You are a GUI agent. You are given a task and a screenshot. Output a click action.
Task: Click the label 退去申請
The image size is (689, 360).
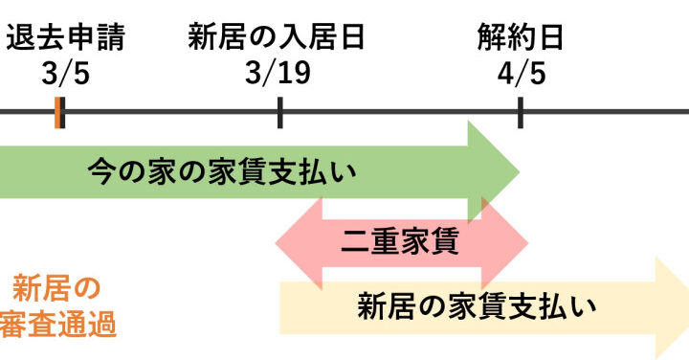click(x=65, y=37)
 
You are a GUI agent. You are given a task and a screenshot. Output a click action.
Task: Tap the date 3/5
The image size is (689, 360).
click(x=65, y=73)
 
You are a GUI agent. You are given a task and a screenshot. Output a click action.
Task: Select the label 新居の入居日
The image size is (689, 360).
click(x=276, y=37)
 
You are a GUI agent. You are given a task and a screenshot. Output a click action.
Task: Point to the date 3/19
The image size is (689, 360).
click(x=278, y=73)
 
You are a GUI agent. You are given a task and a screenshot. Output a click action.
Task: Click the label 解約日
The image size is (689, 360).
click(x=521, y=37)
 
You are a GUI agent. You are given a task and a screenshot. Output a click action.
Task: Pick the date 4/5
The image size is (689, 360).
click(x=522, y=73)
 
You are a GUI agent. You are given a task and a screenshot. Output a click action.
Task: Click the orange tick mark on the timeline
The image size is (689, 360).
click(x=57, y=113)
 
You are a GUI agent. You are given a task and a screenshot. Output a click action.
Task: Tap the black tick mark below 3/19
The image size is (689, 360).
click(x=280, y=113)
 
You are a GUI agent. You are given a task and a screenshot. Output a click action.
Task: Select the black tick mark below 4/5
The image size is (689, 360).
click(x=521, y=113)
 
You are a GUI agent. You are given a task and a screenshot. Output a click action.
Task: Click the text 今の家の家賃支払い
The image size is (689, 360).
click(x=221, y=172)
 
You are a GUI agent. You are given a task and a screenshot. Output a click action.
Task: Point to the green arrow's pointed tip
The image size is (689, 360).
click(x=520, y=172)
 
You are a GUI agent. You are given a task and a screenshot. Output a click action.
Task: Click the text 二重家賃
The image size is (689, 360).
click(x=400, y=241)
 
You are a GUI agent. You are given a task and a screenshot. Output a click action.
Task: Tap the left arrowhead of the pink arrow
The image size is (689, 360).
click(x=299, y=243)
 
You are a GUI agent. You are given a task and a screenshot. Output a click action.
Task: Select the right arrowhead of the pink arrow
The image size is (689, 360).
click(x=505, y=243)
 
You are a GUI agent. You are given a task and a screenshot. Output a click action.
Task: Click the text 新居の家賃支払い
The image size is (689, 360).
click(x=477, y=306)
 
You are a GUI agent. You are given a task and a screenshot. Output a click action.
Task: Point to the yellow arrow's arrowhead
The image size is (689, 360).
click(x=673, y=308)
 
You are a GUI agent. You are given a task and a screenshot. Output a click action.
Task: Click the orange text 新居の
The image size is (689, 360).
click(x=56, y=288)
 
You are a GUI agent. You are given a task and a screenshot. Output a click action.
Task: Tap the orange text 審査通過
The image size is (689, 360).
click(x=58, y=324)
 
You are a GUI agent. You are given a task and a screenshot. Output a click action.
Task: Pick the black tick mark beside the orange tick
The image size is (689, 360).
click(x=62, y=113)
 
